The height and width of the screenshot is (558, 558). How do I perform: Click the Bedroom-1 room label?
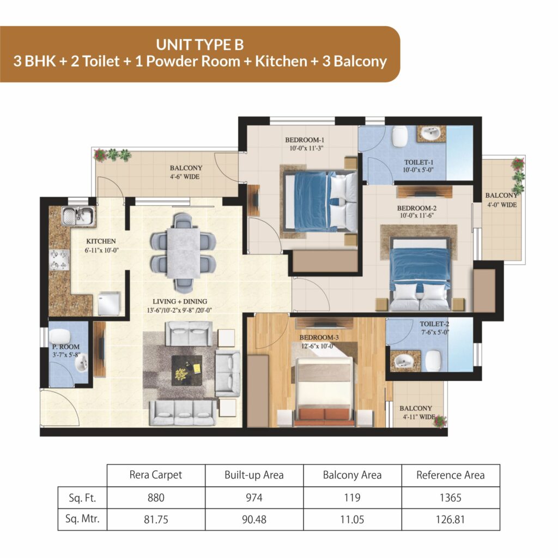pos(305,140)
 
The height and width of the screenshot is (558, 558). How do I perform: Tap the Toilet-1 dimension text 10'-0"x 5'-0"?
pos(418,170)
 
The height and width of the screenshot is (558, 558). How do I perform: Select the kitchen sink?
pos(78,216)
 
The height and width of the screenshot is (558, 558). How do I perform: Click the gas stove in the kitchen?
pos(59,260)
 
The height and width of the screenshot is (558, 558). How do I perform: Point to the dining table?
pos(183,253)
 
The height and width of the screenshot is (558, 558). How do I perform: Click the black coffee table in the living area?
pos(187,371)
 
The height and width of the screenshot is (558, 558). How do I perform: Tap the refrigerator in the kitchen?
pos(109,303)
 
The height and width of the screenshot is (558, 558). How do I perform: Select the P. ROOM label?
pos(66,347)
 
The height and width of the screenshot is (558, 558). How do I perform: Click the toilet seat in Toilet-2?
pos(433,361)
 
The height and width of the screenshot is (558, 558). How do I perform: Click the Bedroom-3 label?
pos(319,337)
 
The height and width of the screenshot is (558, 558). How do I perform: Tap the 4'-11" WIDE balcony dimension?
pos(419,417)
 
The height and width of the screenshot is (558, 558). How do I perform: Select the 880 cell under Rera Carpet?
pos(156,498)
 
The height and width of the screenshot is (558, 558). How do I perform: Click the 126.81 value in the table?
pos(450,519)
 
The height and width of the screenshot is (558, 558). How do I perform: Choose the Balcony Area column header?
pos(352,475)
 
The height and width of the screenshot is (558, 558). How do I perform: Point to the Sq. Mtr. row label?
pos(82,519)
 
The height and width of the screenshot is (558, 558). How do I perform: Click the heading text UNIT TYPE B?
pos(200,45)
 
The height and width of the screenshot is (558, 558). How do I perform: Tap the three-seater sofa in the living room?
pos(183,413)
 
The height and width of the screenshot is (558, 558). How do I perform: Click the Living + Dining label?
pos(180,301)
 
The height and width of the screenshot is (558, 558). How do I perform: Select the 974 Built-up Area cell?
pos(254,498)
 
